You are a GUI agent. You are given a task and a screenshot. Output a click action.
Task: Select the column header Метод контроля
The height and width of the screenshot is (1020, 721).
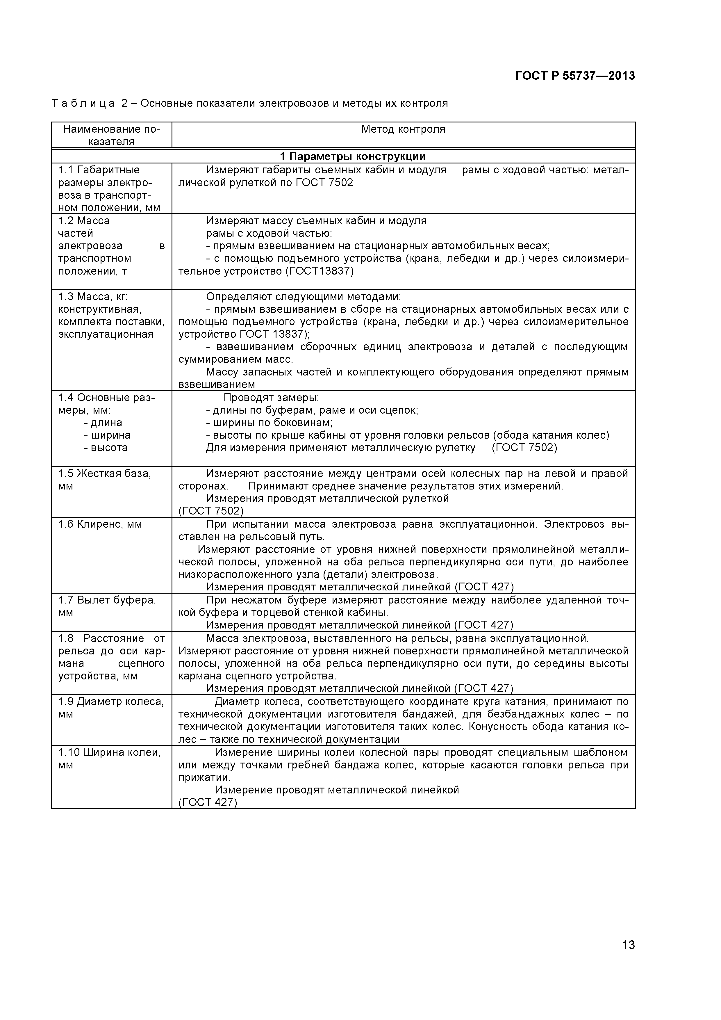(x=403, y=129)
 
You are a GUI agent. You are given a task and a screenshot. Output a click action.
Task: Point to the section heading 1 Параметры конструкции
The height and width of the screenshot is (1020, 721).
(x=353, y=156)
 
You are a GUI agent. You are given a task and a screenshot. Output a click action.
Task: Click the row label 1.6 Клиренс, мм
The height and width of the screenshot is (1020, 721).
(x=100, y=524)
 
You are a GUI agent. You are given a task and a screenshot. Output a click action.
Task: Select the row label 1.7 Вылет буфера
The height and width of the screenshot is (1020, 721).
(x=107, y=600)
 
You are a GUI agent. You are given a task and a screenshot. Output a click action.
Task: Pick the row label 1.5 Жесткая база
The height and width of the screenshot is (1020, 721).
(x=105, y=473)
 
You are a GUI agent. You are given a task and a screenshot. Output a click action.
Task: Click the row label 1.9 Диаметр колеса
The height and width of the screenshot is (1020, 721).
(x=111, y=702)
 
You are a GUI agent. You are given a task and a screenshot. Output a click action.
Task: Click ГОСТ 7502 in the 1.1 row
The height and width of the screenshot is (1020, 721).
(x=324, y=183)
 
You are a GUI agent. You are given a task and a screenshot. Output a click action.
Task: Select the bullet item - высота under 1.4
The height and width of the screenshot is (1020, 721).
(x=106, y=447)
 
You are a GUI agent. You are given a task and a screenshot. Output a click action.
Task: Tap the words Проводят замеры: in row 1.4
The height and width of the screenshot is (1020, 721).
(x=271, y=398)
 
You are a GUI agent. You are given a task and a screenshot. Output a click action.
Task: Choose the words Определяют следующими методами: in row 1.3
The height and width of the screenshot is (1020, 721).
(x=303, y=296)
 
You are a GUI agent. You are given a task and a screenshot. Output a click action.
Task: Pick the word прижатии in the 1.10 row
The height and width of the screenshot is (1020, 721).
(x=204, y=777)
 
